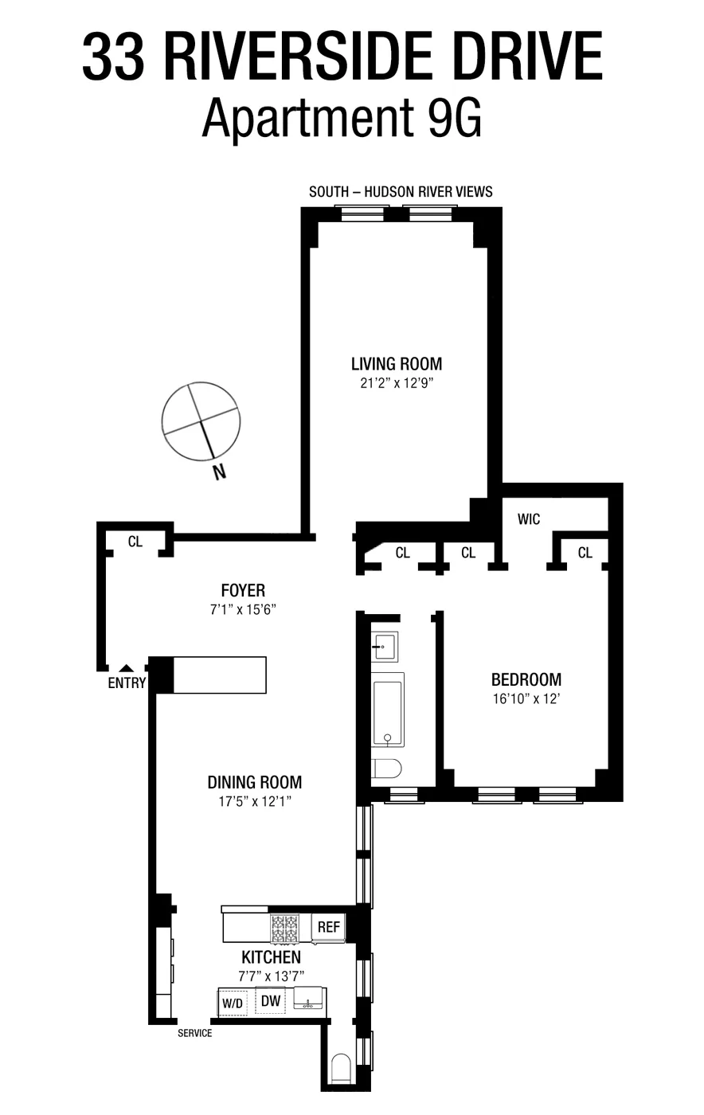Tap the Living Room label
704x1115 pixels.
coord(397,364)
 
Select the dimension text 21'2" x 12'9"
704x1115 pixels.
coord(397,383)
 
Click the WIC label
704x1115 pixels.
coord(529,519)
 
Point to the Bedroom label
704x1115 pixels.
coord(526,679)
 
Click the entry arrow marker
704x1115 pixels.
coord(126,668)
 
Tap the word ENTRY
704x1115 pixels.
coord(127,683)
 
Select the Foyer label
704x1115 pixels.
coord(243,590)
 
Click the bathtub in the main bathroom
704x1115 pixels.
coord(388,709)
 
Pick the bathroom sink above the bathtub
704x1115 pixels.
coord(385,645)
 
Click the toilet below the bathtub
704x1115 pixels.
coord(386,769)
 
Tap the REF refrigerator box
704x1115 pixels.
coord(328,927)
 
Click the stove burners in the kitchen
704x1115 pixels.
coord(284,928)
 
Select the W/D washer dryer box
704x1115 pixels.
coord(233,1003)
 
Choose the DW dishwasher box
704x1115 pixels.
coord(271,1001)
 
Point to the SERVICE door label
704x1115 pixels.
coord(195,1033)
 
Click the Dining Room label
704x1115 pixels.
coord(255,782)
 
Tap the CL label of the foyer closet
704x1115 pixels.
coord(135,542)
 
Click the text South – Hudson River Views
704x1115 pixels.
coord(401,191)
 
